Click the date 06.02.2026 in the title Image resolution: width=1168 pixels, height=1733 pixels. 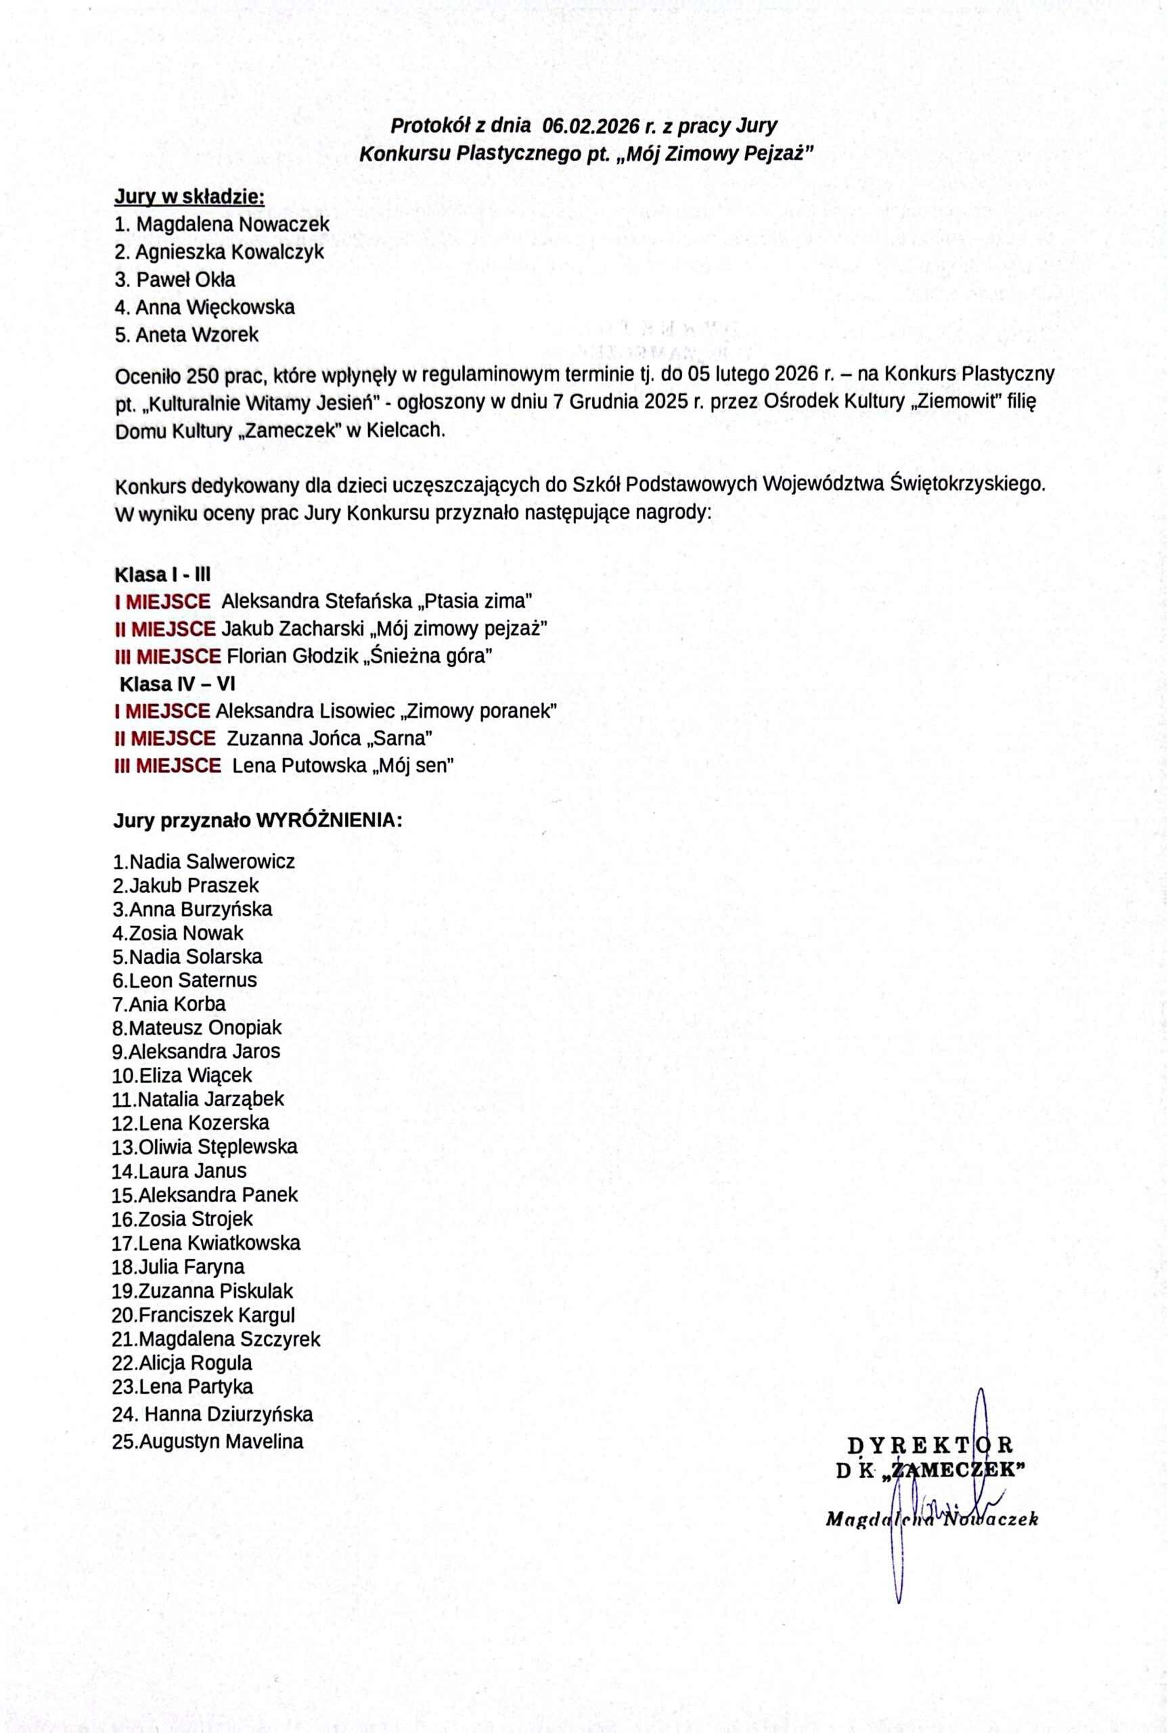tap(591, 125)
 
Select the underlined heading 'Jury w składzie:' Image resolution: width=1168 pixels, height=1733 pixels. tap(189, 197)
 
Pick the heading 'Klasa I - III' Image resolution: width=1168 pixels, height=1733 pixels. tap(162, 575)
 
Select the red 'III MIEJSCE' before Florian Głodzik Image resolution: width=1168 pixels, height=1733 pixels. tap(168, 657)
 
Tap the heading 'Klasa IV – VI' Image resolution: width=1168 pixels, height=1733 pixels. tap(178, 684)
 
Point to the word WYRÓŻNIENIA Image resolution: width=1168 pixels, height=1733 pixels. tap(330, 821)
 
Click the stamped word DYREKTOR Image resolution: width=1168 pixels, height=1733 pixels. tap(930, 1445)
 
